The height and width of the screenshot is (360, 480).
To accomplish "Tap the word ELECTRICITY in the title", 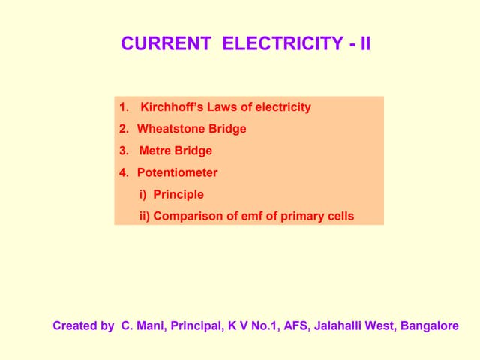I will click(x=284, y=44).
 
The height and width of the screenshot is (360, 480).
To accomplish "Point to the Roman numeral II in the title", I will click(x=364, y=44).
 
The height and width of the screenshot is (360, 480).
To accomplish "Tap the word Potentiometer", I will click(x=177, y=172).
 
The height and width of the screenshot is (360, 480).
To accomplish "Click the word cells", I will click(x=340, y=217).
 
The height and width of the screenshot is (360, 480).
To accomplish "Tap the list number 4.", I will click(x=123, y=172).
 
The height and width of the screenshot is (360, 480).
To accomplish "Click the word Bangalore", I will click(x=430, y=326).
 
